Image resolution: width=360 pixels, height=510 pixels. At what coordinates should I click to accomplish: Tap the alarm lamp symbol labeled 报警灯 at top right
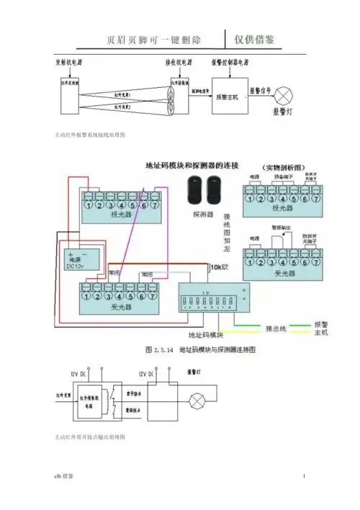(288, 95)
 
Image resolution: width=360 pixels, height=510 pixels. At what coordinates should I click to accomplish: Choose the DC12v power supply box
(78, 261)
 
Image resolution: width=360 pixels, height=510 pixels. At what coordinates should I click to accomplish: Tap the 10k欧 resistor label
(219, 267)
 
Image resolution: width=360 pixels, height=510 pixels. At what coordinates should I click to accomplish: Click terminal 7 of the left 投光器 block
(155, 204)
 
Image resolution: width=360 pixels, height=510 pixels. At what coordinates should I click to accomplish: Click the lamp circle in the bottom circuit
(195, 400)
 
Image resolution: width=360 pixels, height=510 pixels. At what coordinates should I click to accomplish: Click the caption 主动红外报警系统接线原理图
(85, 135)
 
